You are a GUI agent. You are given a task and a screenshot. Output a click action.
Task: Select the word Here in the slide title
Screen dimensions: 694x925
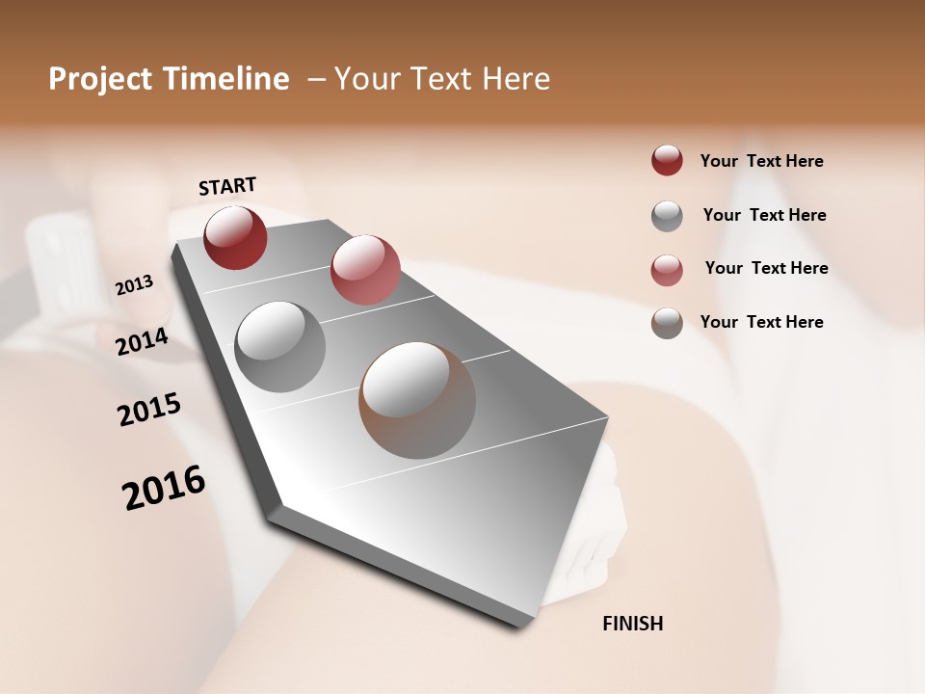(515, 80)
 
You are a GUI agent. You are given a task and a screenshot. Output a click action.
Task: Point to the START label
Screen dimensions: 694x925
(227, 186)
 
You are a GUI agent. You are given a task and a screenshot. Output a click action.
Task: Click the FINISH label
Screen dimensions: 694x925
(633, 624)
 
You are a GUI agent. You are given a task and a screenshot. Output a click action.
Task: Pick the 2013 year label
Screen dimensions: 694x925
(135, 285)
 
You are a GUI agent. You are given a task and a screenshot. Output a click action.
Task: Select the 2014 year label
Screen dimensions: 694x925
(143, 341)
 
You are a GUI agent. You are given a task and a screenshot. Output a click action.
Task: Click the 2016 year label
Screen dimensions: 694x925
(164, 488)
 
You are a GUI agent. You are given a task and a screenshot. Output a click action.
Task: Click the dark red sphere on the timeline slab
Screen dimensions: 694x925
(235, 237)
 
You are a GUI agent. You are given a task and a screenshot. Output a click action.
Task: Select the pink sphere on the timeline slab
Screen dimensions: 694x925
(365, 269)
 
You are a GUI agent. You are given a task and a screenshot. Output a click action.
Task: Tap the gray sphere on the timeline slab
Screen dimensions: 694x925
(279, 347)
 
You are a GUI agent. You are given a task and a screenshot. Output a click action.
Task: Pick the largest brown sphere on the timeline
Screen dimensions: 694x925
(417, 400)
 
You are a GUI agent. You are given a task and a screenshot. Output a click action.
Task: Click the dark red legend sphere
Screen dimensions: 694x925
(667, 161)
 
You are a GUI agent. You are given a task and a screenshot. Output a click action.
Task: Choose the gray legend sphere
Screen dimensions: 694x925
(667, 216)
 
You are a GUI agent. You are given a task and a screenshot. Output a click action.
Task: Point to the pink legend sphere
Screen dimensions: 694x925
(667, 270)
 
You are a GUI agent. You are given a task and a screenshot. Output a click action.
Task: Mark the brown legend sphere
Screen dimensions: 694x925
(667, 324)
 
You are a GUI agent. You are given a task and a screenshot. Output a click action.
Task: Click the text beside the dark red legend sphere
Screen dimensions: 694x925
(761, 161)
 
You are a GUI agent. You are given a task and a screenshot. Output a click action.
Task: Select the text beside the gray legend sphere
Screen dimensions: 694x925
(764, 215)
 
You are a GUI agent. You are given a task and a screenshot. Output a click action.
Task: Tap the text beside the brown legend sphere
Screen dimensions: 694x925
(761, 322)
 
